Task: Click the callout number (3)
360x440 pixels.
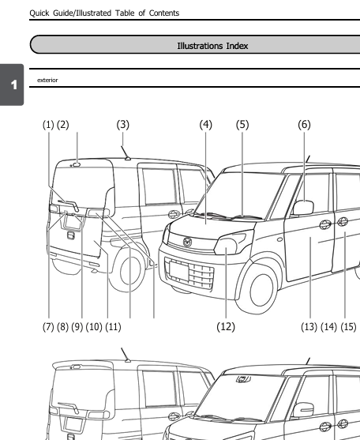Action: click(122, 125)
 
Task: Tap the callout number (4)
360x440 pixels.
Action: click(206, 125)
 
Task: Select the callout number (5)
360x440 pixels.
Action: click(242, 125)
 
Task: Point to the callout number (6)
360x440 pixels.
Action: click(304, 125)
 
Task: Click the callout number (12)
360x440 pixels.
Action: click(226, 326)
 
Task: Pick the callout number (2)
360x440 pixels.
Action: click(63, 125)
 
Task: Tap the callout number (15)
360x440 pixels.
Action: click(348, 326)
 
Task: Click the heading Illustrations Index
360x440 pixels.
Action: click(212, 46)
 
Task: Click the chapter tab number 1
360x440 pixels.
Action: click(12, 85)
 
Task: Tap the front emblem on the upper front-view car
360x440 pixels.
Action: click(188, 241)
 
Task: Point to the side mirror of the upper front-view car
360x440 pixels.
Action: click(303, 209)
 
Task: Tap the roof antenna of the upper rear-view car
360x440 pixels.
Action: click(124, 150)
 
